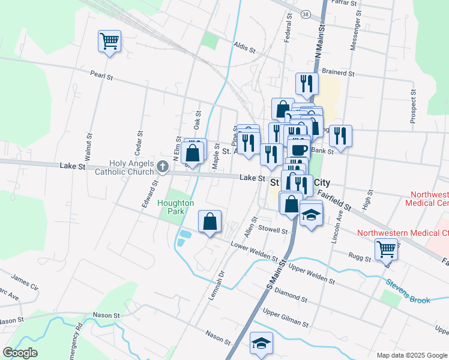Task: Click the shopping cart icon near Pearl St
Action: click(109, 41)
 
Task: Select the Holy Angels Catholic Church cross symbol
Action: click(162, 166)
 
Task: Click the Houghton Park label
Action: click(175, 207)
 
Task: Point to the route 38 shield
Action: click(306, 14)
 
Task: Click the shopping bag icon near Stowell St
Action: click(210, 221)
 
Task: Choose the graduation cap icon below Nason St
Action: click(261, 344)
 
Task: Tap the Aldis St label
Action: click(246, 46)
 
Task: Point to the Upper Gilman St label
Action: click(286, 318)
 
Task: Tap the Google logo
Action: click(20, 353)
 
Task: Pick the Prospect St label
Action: click(414, 107)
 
